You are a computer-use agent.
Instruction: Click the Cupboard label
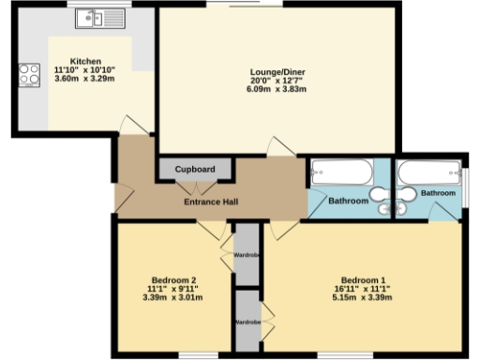pos(195,169)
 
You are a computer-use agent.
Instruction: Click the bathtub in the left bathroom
pos(341,172)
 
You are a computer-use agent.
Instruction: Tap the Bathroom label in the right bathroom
pos(437,193)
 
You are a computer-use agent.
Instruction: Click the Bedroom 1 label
pos(362,280)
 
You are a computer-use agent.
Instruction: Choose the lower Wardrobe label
pos(247,322)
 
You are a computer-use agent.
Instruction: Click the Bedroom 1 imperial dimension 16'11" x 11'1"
pos(362,289)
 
